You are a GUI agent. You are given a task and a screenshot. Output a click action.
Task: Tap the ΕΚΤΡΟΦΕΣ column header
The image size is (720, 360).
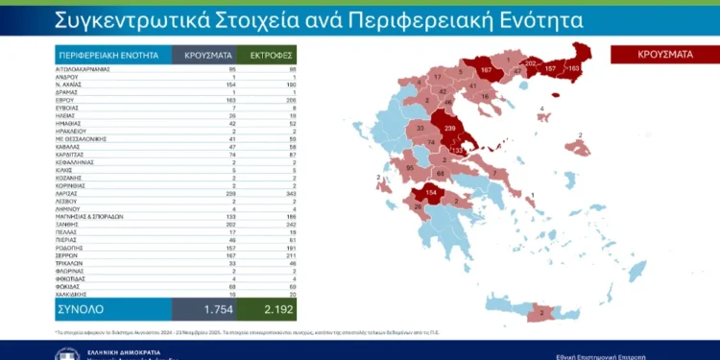267,56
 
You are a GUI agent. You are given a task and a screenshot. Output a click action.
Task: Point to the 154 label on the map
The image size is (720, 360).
431,193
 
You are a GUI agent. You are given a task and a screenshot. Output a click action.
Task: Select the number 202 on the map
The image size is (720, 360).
532,63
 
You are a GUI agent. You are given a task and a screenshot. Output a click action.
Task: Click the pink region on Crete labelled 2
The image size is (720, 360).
541,312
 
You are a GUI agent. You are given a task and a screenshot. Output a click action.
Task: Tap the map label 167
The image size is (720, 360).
486,71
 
